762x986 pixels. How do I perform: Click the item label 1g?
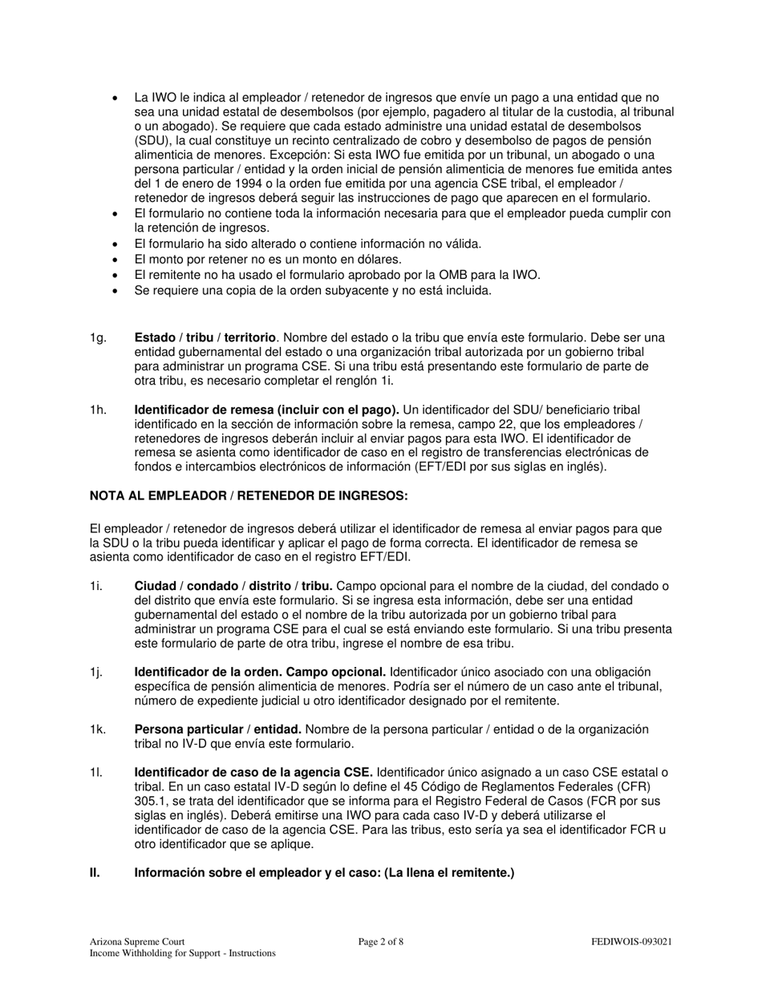pyautogui.click(x=97, y=338)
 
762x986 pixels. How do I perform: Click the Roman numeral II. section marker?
pyautogui.click(x=95, y=872)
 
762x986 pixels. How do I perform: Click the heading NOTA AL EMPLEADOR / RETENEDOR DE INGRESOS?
pyautogui.click(x=249, y=496)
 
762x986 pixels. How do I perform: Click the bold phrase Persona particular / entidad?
pyautogui.click(x=217, y=729)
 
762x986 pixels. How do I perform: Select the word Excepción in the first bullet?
pyautogui.click(x=321, y=155)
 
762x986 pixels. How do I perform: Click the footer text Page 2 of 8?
pyautogui.click(x=380, y=942)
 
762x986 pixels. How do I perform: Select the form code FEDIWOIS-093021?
pyautogui.click(x=631, y=942)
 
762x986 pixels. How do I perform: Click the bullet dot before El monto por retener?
pyautogui.click(x=116, y=260)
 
